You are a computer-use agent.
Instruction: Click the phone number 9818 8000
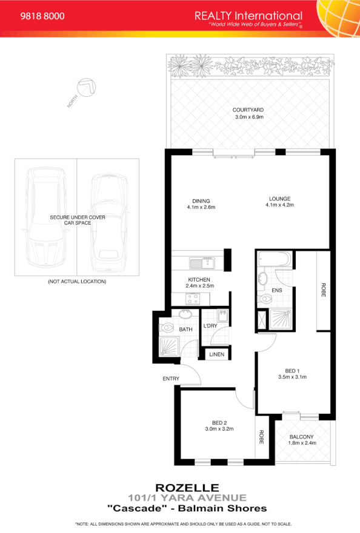point(43,16)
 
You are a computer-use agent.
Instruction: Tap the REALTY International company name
point(248,15)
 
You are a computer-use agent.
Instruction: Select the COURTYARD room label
point(248,110)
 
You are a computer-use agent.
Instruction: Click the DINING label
point(201,200)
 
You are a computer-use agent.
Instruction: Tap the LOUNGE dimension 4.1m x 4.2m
point(279,205)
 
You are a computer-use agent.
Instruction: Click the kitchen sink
point(201,263)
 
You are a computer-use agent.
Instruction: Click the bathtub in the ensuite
point(275,261)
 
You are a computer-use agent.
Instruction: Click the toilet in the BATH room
point(168,328)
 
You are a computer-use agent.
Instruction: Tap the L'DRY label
point(210,326)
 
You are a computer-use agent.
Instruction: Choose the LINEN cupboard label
point(216,354)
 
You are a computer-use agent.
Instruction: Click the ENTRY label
point(171,379)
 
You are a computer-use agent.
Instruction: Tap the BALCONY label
point(301,436)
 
